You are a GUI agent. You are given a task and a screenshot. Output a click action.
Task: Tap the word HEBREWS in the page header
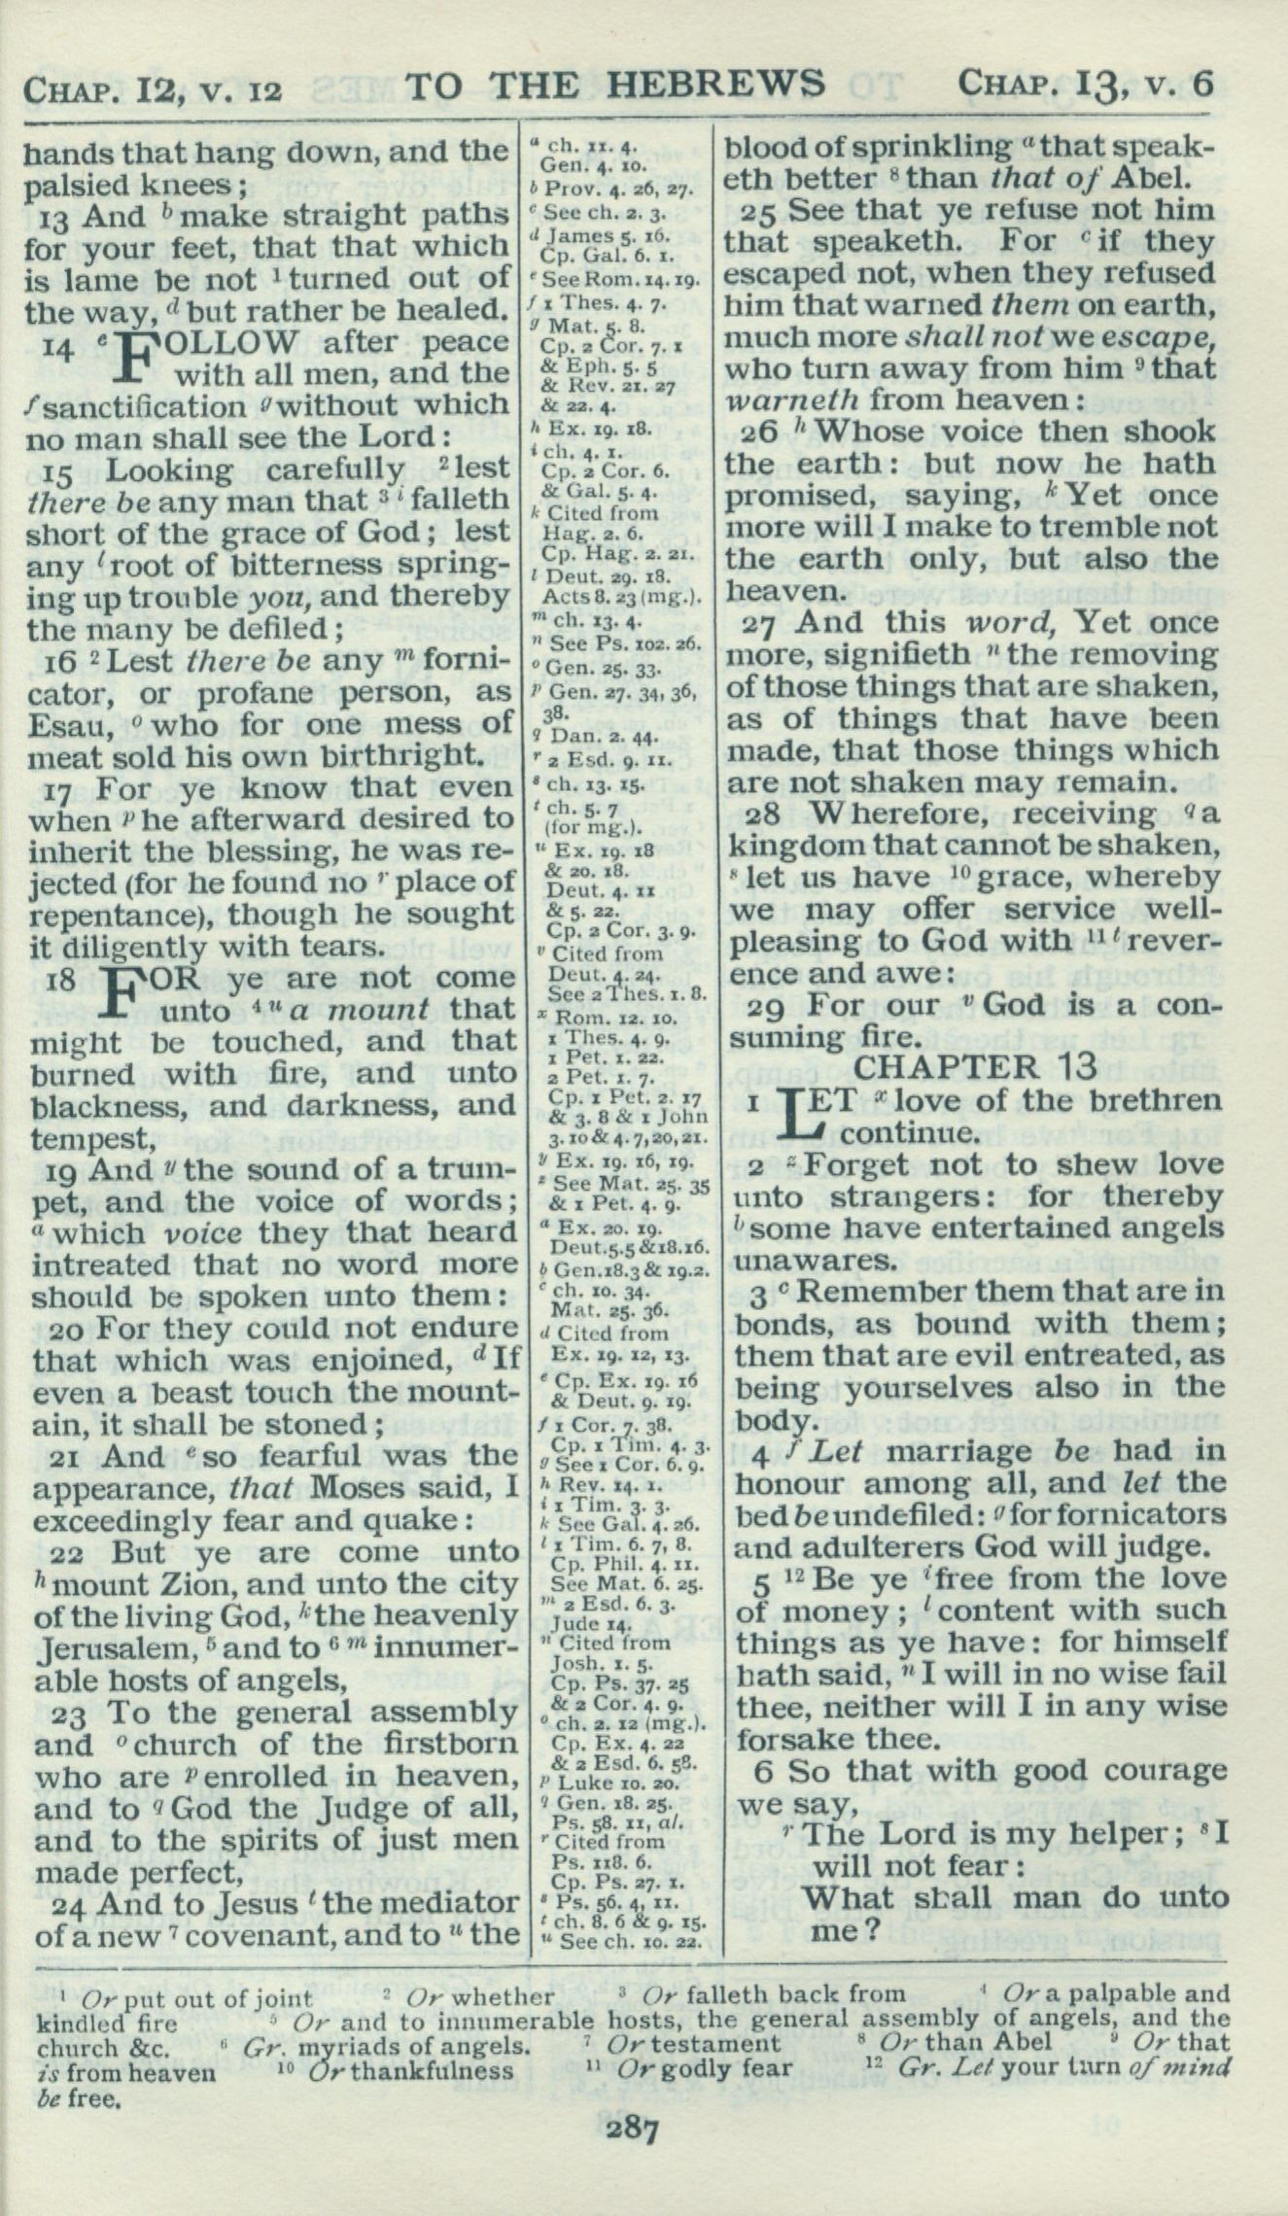coord(714,85)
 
